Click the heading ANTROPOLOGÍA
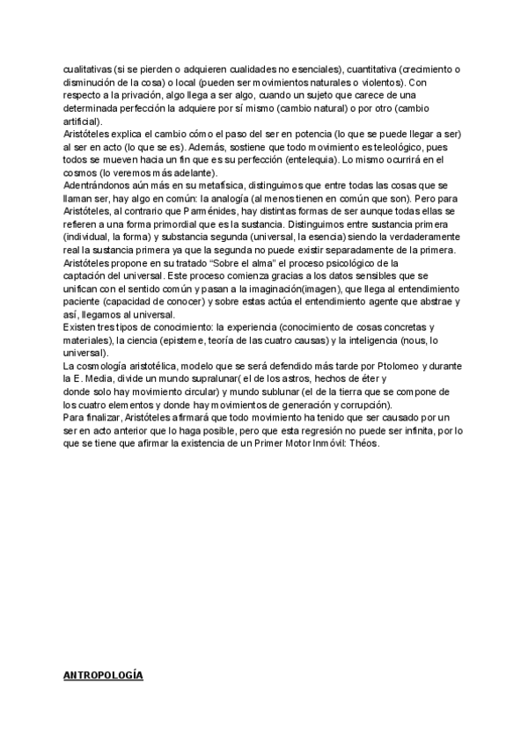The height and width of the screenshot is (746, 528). (x=104, y=675)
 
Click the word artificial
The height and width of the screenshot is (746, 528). (x=82, y=121)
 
